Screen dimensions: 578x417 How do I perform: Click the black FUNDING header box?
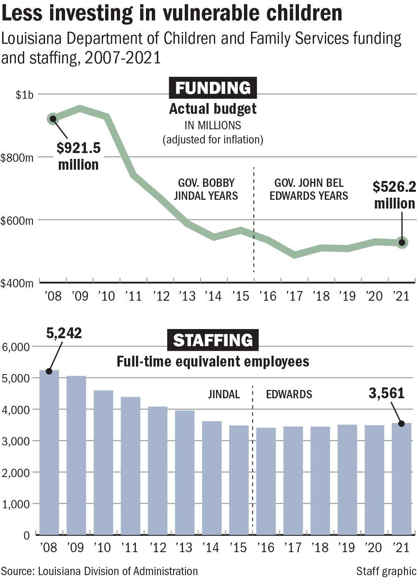click(x=213, y=88)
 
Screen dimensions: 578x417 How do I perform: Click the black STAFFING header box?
click(x=213, y=340)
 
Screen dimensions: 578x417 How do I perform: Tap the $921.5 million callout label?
click(x=78, y=156)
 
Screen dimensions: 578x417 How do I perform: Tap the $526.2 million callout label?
click(x=394, y=195)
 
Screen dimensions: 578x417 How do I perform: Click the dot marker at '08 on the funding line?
click(x=53, y=119)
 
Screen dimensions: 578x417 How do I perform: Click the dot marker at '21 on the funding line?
click(x=402, y=242)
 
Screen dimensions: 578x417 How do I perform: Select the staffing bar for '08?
click(x=49, y=452)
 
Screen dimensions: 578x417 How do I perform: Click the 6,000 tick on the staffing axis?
click(x=15, y=347)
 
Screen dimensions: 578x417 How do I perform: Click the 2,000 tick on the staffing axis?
click(x=15, y=472)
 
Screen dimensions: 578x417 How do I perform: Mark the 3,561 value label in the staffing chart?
click(x=387, y=393)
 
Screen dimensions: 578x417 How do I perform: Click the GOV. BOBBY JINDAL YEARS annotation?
click(x=206, y=189)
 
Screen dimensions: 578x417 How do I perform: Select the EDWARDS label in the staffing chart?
click(x=289, y=394)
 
